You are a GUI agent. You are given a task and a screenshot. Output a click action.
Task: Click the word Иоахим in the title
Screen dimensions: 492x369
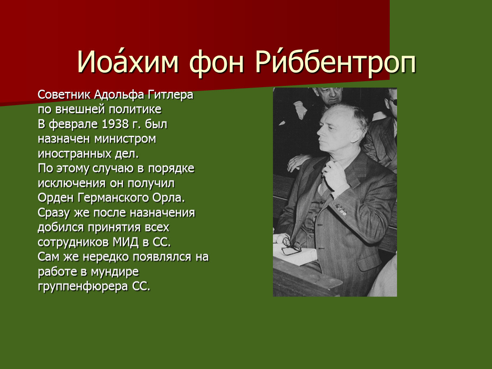[x=128, y=61]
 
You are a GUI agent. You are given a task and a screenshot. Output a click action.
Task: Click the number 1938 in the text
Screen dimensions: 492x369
[x=115, y=124]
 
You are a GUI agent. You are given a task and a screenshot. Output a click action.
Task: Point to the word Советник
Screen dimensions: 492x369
[x=64, y=94]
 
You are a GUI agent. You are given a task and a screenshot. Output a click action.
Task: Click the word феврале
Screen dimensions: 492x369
[x=74, y=124]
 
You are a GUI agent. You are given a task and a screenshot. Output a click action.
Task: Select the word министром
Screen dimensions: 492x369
[x=125, y=139]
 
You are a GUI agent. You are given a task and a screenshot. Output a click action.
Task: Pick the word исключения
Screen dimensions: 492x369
[x=71, y=183]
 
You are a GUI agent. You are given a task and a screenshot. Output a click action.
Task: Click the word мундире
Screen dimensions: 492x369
[x=115, y=272]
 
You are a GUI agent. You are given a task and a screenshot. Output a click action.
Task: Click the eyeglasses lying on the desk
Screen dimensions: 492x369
[x=291, y=246]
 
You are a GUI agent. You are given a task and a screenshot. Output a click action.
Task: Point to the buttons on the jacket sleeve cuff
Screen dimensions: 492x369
[x=341, y=210]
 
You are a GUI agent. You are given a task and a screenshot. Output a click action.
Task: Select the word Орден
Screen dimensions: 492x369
[x=56, y=198]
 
